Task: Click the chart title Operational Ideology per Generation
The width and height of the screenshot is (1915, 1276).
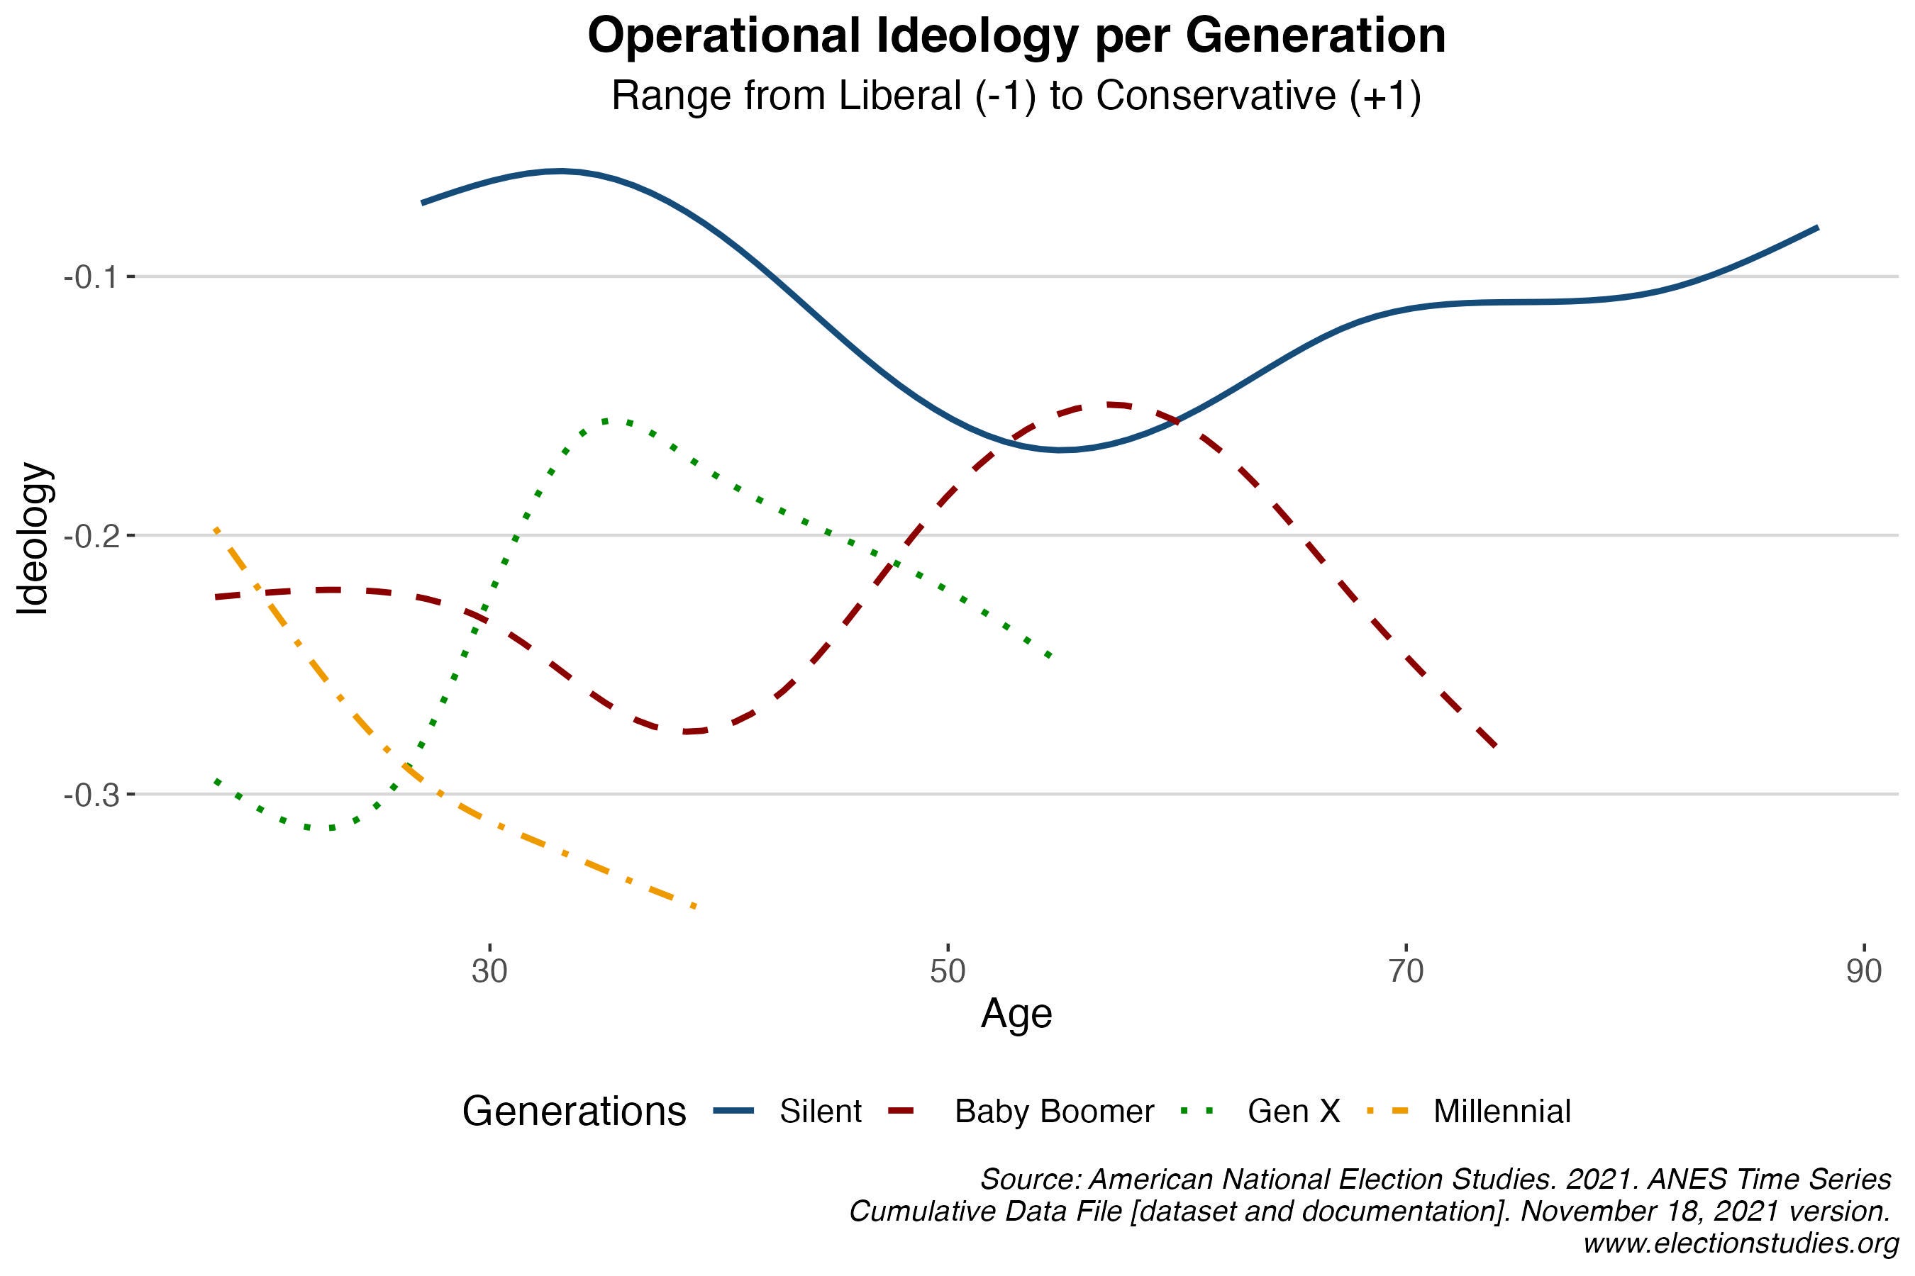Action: click(x=1016, y=36)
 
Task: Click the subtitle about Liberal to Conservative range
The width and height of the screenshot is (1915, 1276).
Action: click(x=1016, y=96)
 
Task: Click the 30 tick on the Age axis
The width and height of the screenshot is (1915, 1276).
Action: click(x=489, y=972)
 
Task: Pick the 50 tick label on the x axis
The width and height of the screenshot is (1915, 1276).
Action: click(x=948, y=972)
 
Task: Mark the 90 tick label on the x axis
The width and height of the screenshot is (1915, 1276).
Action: click(x=1864, y=972)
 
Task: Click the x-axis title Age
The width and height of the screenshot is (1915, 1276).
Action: click(x=1016, y=1014)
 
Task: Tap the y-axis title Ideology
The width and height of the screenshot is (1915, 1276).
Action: click(x=34, y=539)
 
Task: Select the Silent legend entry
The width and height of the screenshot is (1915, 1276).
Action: click(x=820, y=1111)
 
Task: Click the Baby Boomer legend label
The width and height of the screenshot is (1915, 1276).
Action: click(x=1053, y=1111)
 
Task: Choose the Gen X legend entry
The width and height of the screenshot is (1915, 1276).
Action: click(x=1293, y=1111)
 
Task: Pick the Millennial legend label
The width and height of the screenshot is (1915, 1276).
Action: click(x=1502, y=1111)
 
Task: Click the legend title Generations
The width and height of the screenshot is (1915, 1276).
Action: click(x=574, y=1111)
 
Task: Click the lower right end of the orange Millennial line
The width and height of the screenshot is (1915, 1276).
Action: click(x=694, y=907)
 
